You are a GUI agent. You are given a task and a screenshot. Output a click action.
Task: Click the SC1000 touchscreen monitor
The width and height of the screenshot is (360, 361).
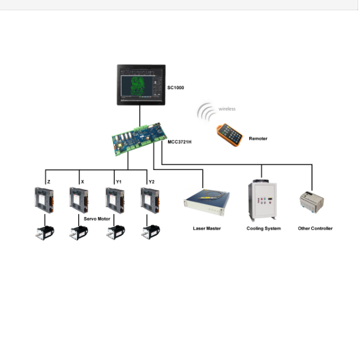[141, 85]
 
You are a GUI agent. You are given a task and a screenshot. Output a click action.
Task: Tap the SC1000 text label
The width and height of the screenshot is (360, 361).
[176, 87]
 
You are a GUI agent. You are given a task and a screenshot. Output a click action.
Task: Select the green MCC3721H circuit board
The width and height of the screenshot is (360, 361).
[139, 139]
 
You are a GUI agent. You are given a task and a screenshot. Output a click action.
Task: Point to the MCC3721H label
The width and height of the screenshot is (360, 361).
[179, 142]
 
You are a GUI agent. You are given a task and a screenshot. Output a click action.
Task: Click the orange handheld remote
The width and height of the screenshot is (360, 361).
[229, 135]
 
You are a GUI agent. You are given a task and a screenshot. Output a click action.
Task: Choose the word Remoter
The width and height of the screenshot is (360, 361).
[258, 139]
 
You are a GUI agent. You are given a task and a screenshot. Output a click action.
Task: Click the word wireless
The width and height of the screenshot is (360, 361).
[227, 109]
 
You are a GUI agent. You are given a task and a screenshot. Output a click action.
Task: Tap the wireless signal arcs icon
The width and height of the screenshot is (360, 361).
[206, 112]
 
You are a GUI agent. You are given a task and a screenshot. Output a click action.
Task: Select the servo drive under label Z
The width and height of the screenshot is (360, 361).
[44, 200]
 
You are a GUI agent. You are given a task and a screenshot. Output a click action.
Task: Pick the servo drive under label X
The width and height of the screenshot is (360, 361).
[79, 200]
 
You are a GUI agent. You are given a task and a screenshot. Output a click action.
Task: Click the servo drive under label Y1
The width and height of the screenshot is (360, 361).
[115, 200]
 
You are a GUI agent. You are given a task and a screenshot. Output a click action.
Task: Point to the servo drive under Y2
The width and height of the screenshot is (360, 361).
[150, 200]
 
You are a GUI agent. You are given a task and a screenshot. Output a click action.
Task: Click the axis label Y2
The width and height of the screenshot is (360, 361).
[151, 182]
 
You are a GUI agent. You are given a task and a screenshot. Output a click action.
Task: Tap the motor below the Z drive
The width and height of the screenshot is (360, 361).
[45, 233]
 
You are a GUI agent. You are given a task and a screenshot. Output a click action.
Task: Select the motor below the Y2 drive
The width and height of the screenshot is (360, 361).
[151, 232]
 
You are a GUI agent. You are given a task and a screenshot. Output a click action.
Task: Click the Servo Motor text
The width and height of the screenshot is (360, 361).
[97, 219]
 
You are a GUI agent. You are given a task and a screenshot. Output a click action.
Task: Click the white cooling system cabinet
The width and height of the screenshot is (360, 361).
[262, 200]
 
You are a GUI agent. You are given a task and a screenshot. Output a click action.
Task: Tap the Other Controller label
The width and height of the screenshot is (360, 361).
[315, 228]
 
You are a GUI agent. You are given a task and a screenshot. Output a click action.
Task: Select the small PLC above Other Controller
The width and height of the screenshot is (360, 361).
[312, 202]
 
